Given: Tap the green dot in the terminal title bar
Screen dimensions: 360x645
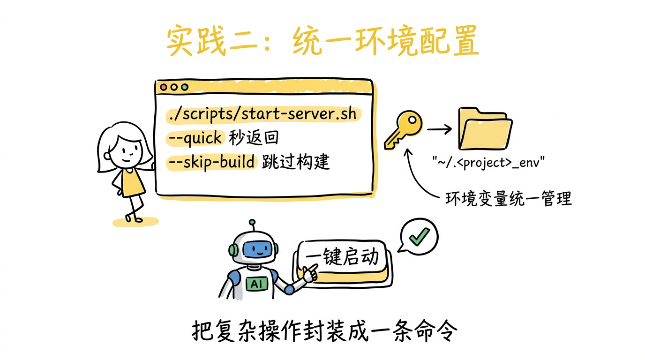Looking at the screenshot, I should (x=184, y=87).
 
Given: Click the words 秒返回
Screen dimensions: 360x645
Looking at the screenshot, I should (x=254, y=138).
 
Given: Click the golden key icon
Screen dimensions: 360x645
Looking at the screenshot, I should (x=402, y=128).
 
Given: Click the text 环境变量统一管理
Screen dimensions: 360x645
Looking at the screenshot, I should (x=508, y=199).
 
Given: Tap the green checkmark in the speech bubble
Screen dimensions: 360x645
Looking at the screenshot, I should (x=419, y=236).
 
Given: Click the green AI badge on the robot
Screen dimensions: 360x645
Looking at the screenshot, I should (x=257, y=284).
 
